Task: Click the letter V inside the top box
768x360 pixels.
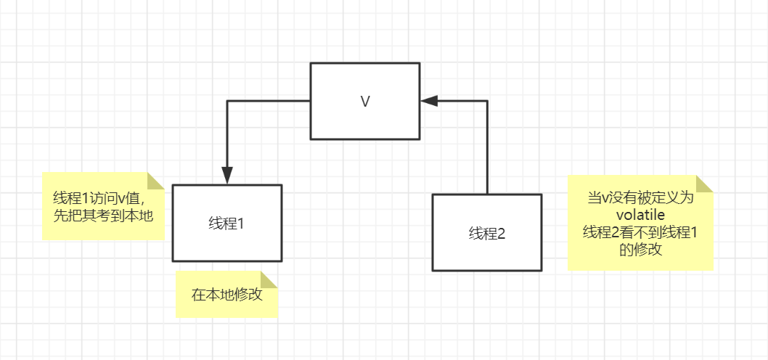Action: point(365,102)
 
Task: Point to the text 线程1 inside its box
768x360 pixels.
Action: point(226,224)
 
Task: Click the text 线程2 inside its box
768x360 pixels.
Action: point(486,233)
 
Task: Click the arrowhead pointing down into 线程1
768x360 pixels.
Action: point(227,175)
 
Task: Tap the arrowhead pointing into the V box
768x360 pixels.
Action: point(429,102)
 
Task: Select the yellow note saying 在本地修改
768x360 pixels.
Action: point(226,295)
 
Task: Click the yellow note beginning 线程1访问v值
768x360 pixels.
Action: point(103,207)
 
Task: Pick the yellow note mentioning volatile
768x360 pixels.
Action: point(640,224)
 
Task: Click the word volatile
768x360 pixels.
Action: point(640,215)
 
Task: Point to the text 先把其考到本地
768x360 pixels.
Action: point(103,216)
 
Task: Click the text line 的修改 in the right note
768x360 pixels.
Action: point(640,250)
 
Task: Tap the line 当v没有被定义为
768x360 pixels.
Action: point(640,197)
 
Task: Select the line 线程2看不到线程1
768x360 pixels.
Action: point(640,232)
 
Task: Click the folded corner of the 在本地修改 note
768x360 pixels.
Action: point(269,281)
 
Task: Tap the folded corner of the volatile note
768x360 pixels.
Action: point(704,184)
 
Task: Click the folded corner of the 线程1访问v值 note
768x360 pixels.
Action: point(156,181)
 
